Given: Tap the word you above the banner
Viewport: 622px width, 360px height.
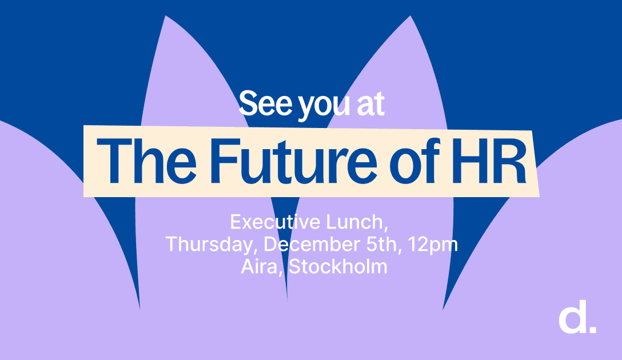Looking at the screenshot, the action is (324, 106).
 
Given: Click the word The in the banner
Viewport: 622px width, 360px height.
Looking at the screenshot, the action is (146, 161).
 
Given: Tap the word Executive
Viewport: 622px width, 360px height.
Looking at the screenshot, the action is (276, 222).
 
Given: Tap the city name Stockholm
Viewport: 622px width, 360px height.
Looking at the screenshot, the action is (338, 266).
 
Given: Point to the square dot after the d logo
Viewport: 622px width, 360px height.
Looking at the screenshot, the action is (593, 329).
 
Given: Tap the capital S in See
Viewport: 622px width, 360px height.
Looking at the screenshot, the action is (249, 103).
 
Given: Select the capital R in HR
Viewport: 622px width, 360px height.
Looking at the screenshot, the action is (511, 161).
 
